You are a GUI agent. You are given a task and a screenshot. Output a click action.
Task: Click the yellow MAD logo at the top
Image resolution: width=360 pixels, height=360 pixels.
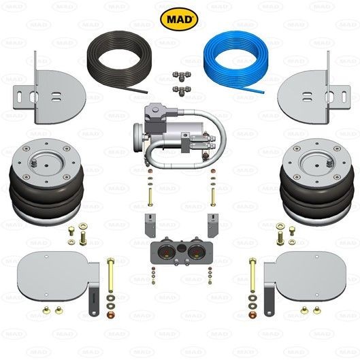pyautogui.click(x=180, y=19)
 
